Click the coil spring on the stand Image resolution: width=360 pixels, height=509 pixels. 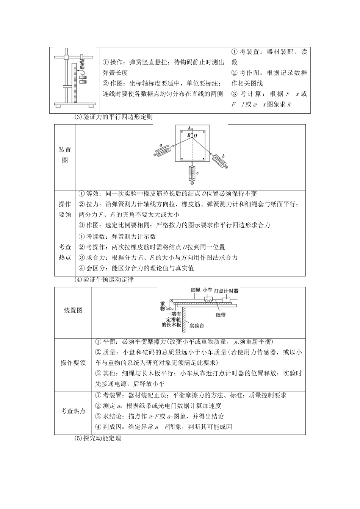click(81, 66)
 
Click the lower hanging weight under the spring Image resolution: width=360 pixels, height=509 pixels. click(82, 81)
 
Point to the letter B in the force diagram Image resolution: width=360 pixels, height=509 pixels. click(188, 135)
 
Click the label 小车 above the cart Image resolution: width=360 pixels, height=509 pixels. click(207, 290)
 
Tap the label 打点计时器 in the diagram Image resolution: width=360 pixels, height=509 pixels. click(226, 291)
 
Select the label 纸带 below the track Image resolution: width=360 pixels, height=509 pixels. click(221, 314)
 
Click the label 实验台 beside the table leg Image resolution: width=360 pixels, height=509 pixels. click(198, 325)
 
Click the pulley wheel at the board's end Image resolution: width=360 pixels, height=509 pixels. click(171, 301)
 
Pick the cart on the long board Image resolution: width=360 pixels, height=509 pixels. click(208, 300)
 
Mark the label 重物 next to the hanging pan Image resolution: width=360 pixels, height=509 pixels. click(163, 306)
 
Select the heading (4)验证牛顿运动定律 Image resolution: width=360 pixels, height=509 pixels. click(104, 281)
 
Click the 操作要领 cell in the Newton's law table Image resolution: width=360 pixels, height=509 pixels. click(73, 363)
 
